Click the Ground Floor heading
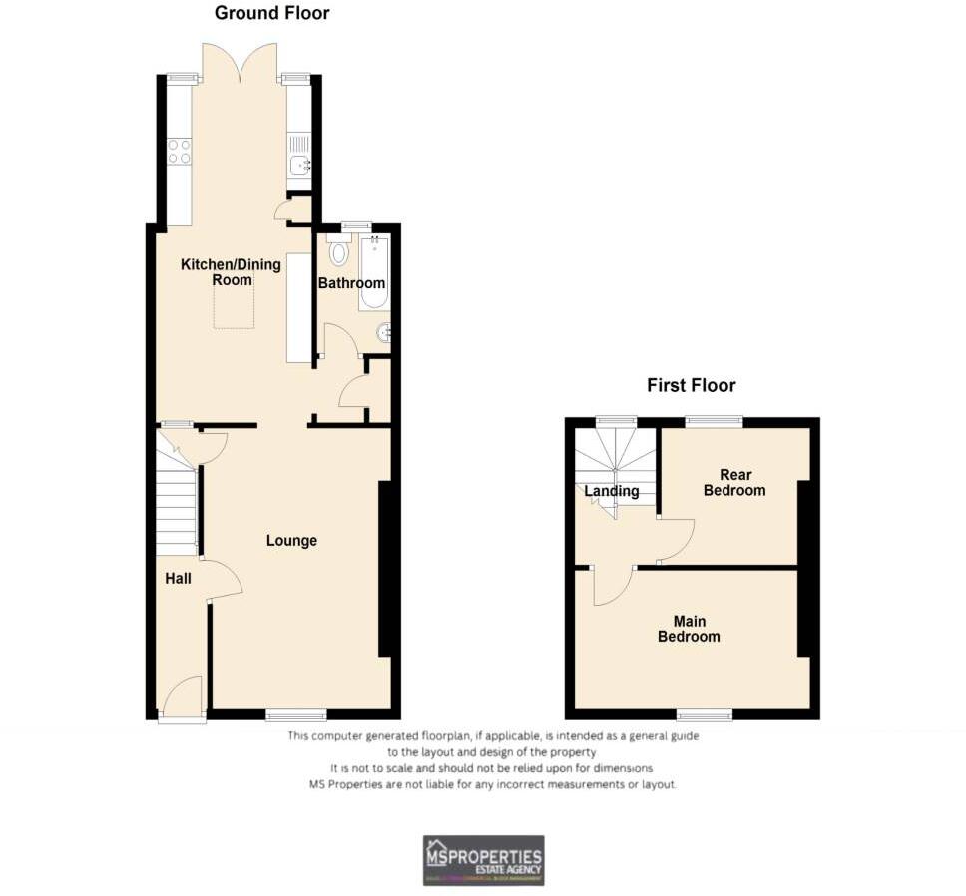[271, 13]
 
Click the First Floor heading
[691, 385]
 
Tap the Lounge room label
[291, 541]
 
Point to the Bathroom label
[351, 284]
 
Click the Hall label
[178, 578]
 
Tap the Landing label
[612, 491]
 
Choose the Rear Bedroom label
[734, 482]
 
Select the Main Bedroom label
[689, 628]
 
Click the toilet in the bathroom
[337, 252]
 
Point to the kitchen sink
[298, 166]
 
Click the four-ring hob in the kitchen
[179, 151]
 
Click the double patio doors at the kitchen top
[240, 62]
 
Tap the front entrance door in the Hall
[182, 698]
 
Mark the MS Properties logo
[484, 860]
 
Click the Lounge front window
[296, 714]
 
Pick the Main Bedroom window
[704, 714]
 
